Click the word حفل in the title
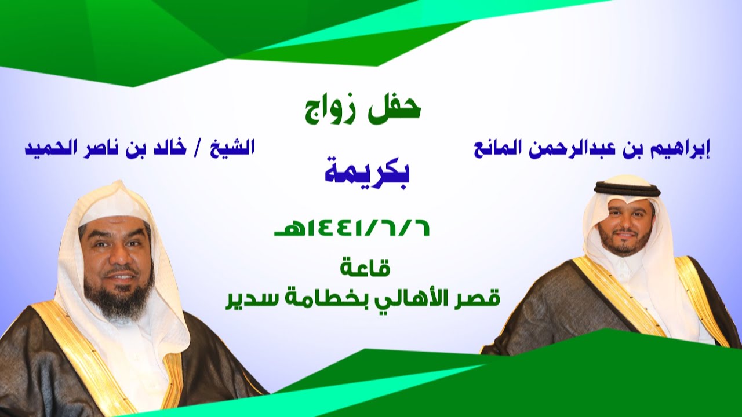click(395, 109)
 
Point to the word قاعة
click(365, 269)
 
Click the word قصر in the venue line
click(477, 299)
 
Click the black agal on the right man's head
click(627, 189)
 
